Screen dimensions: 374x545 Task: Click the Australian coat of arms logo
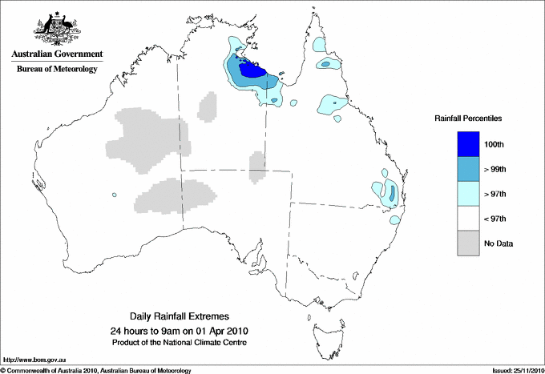pyautogui.click(x=54, y=26)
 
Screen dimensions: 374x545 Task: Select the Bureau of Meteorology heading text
pyautogui.click(x=56, y=70)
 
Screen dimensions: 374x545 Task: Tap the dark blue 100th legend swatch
pyautogui.click(x=469, y=144)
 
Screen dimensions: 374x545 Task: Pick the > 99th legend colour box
pyautogui.click(x=469, y=169)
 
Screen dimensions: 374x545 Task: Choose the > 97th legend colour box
pyautogui.click(x=469, y=194)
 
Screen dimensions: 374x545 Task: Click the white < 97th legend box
pyautogui.click(x=469, y=219)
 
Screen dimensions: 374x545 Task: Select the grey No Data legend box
pyautogui.click(x=469, y=243)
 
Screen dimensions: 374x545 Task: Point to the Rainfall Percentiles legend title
pyautogui.click(x=468, y=119)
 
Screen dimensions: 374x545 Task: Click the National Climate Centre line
pyautogui.click(x=187, y=343)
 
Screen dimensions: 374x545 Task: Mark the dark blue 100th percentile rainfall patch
pyautogui.click(x=254, y=70)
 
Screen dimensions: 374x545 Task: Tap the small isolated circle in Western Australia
pyautogui.click(x=115, y=195)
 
